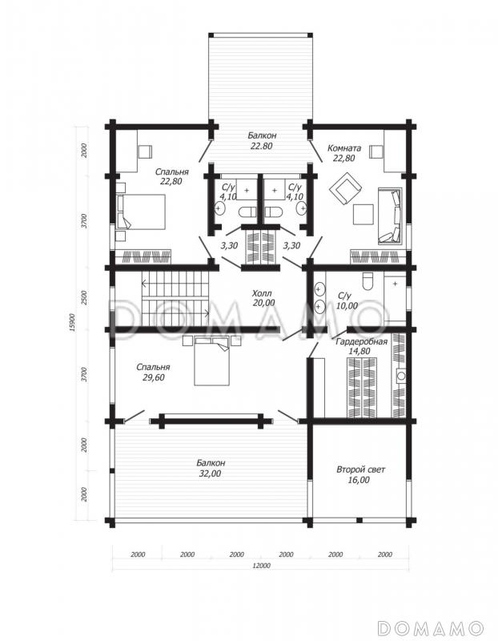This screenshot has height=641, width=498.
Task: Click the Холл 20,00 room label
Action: pos(263,298)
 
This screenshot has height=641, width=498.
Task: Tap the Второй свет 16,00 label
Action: pos(360,474)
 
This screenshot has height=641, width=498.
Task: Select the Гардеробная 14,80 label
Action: pos(361,346)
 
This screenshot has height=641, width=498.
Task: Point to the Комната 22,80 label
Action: pos(344,153)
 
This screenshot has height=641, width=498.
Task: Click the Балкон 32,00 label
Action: pos(211,468)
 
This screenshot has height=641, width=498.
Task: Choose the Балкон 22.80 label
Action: pos(262,140)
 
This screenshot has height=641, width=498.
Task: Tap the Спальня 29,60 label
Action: pos(153,372)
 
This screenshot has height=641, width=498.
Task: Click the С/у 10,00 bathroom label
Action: pos(347,300)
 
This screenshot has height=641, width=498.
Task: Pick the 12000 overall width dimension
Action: pos(261,566)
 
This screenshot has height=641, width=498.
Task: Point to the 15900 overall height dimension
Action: pos(72,322)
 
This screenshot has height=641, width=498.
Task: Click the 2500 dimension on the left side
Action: pos(84,297)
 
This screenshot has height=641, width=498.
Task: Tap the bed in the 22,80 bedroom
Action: pos(141,212)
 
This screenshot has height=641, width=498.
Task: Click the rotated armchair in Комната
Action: pos(345,188)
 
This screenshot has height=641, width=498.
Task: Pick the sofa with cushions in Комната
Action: pos(390,216)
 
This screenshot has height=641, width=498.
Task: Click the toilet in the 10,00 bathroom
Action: pos(367,281)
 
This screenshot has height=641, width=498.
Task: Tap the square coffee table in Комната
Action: pos(363,214)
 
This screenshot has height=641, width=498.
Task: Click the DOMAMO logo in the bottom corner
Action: pos(431,627)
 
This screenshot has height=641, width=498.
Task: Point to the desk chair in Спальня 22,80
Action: pos(145,151)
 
